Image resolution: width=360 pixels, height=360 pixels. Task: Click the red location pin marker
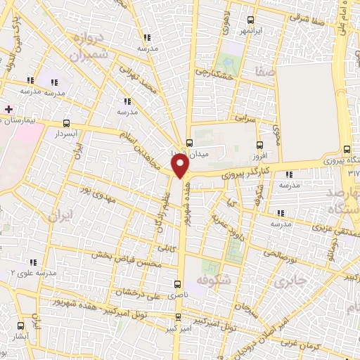[x=181, y=166]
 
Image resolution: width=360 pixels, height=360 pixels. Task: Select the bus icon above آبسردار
[x=67, y=121]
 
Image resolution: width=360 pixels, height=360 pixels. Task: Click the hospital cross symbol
[x=8, y=109]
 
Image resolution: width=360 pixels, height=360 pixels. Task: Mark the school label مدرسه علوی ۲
[x=32, y=272]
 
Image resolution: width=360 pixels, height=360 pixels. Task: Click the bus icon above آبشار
[x=20, y=326]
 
